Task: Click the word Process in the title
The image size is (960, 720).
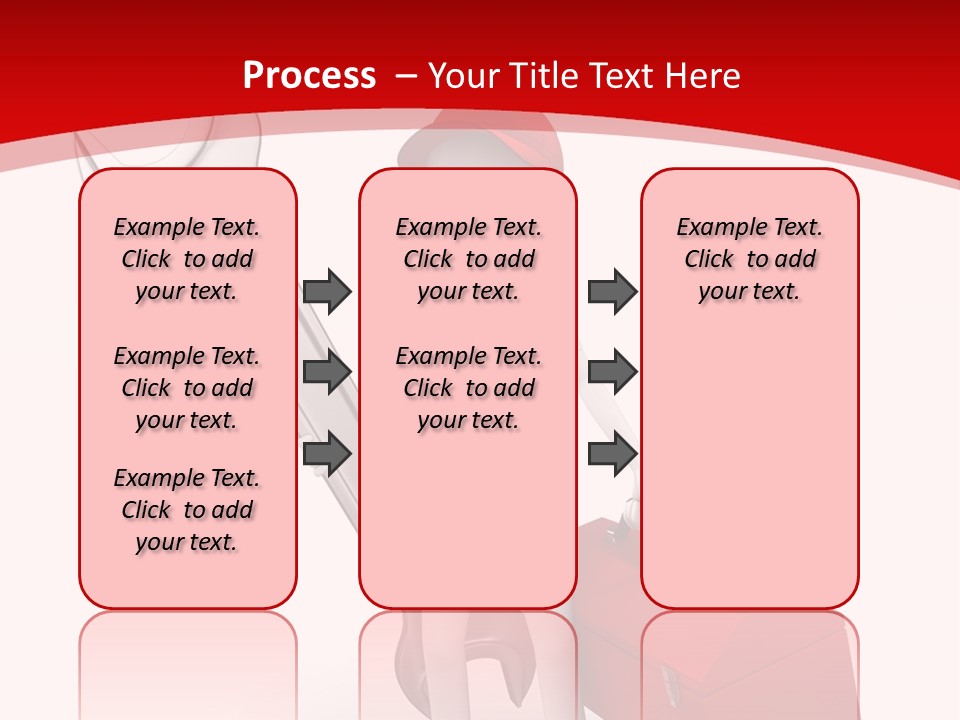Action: pos(310,75)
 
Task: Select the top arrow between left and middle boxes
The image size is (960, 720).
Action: pos(326,291)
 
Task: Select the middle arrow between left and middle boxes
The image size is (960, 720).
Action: pos(326,372)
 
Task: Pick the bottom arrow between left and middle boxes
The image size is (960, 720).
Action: pos(326,453)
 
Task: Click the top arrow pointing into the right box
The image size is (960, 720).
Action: pos(612,291)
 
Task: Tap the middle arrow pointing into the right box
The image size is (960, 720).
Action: pos(612,372)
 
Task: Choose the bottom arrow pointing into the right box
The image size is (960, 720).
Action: pos(612,453)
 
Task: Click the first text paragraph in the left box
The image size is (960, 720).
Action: pos(187,259)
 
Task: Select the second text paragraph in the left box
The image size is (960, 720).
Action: pos(187,388)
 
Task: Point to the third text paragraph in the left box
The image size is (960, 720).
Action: pos(187,510)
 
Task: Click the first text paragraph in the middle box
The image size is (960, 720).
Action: pos(468,259)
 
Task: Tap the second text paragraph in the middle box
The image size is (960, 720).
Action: pos(468,388)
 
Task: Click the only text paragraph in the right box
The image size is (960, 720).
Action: pos(749,259)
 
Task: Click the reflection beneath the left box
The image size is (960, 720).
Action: pos(187,660)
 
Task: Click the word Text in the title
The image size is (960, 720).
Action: pos(619,75)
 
